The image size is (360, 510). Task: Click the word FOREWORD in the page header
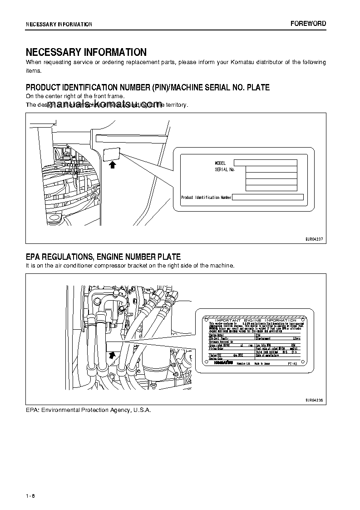click(x=308, y=24)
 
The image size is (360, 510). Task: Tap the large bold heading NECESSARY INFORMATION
click(x=86, y=52)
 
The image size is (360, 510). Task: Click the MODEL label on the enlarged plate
click(x=220, y=163)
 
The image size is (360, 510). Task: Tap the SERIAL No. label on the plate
click(x=225, y=169)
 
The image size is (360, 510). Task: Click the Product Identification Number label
click(x=206, y=198)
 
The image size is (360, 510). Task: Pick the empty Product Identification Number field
click(x=268, y=198)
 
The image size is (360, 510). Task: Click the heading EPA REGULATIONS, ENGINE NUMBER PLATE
click(x=103, y=257)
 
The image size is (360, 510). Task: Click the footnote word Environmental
click(x=61, y=410)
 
